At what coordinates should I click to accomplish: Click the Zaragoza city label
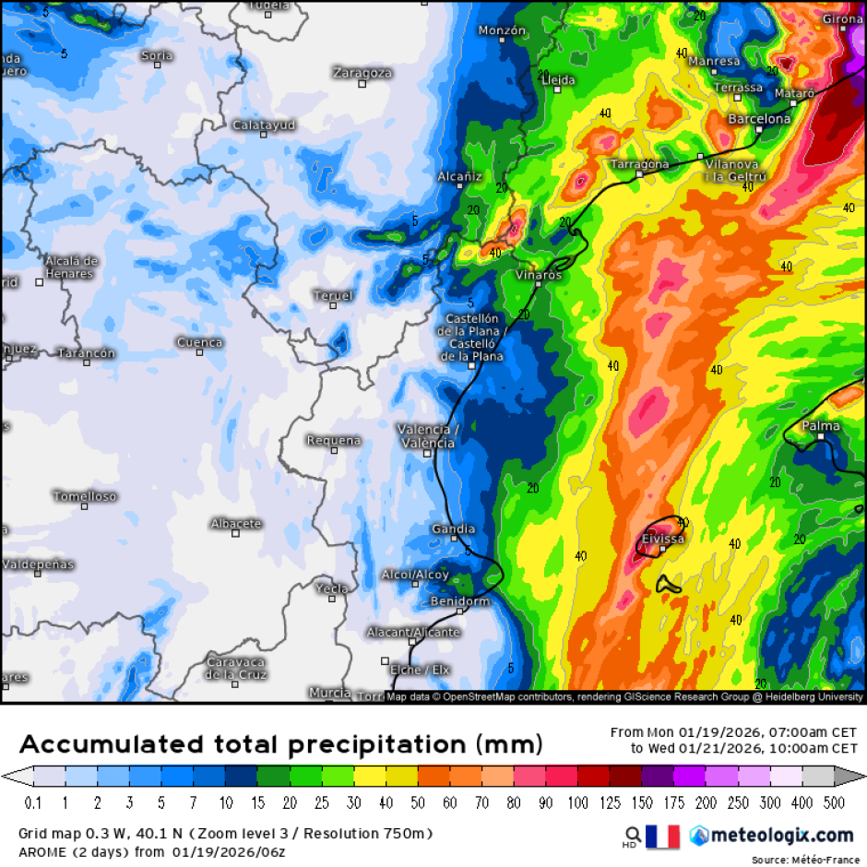pyautogui.click(x=362, y=72)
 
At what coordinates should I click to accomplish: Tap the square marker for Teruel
pyautogui.click(x=334, y=305)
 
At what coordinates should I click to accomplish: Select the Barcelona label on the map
pyautogui.click(x=759, y=119)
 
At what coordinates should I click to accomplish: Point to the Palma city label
pyautogui.click(x=821, y=426)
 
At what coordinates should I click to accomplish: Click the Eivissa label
pyautogui.click(x=662, y=538)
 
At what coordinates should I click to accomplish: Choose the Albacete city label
pyautogui.click(x=236, y=523)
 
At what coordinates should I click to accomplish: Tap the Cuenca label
pyautogui.click(x=200, y=342)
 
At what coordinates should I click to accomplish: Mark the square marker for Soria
pyautogui.click(x=157, y=66)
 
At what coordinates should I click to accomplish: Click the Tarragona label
pyautogui.click(x=640, y=164)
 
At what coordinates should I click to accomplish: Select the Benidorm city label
pyautogui.click(x=460, y=601)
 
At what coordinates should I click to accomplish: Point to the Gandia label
pyautogui.click(x=454, y=529)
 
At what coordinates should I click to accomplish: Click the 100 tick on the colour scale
pyautogui.click(x=577, y=802)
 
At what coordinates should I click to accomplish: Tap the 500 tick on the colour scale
pyautogui.click(x=833, y=802)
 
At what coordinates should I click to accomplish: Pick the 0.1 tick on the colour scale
pyautogui.click(x=33, y=802)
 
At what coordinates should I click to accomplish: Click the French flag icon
pyautogui.click(x=662, y=836)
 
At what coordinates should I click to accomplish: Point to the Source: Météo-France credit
pyautogui.click(x=805, y=860)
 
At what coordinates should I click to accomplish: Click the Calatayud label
pyautogui.click(x=264, y=125)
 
